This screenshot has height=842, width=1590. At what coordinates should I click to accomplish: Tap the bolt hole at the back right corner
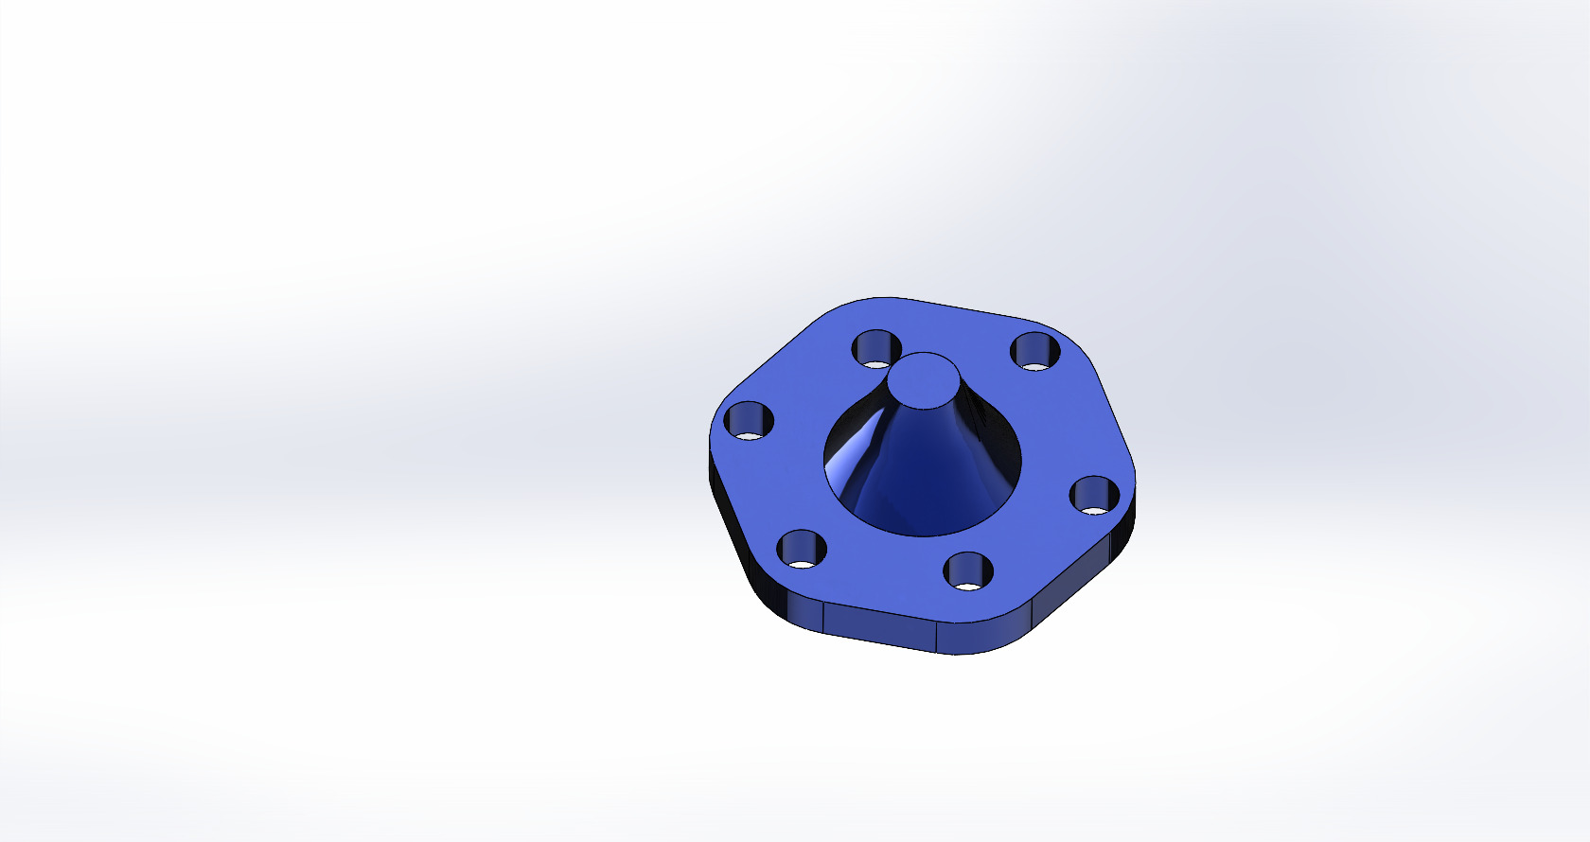(x=1035, y=351)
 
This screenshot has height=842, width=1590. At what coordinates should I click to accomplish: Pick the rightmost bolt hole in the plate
(x=1095, y=495)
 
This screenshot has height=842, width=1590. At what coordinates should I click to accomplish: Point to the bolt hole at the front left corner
(x=801, y=548)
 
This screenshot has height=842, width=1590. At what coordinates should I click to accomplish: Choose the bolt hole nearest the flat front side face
(x=968, y=571)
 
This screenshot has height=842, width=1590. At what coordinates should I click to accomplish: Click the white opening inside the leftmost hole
(x=750, y=436)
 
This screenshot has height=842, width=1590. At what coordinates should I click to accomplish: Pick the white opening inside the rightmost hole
(x=1094, y=510)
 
